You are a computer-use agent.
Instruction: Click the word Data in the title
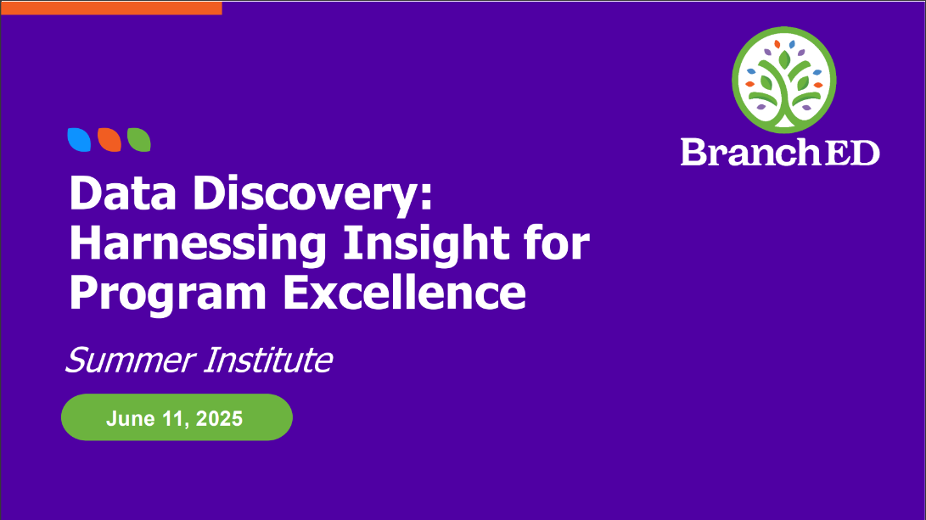tap(123, 193)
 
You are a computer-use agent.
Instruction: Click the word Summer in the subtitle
tap(131, 360)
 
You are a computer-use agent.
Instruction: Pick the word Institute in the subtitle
tap(268, 360)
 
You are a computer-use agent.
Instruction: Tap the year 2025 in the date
tap(219, 418)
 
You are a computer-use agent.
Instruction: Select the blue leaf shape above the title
tap(79, 140)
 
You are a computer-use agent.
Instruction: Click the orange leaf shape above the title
tap(109, 140)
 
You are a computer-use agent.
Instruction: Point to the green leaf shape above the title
tap(139, 140)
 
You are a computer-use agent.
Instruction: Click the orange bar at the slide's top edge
tap(112, 8)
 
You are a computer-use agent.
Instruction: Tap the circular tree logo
tap(783, 80)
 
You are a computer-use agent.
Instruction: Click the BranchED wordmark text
tap(780, 153)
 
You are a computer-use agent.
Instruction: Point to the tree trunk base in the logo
tap(783, 120)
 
